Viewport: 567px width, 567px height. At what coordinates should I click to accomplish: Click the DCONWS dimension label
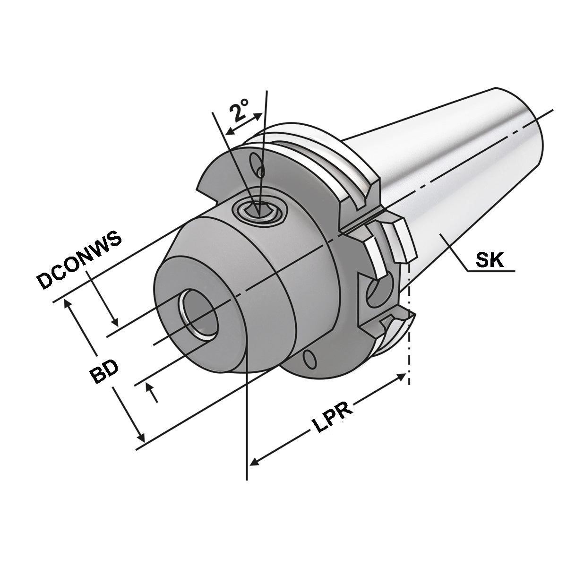(79, 260)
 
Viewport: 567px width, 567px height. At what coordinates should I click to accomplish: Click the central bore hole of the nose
(198, 314)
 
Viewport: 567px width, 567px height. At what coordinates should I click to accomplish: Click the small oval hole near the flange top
(258, 165)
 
